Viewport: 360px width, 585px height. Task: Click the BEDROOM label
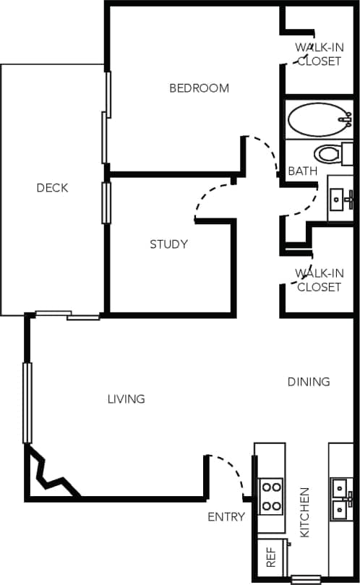pyautogui.click(x=199, y=88)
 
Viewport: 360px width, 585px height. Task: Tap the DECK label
pyautogui.click(x=52, y=188)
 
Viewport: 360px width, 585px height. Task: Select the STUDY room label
pyautogui.click(x=168, y=244)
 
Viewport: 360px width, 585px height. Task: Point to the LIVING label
pyautogui.click(x=126, y=398)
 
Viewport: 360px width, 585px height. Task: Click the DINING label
pyautogui.click(x=309, y=382)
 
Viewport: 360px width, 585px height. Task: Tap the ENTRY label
pyautogui.click(x=226, y=516)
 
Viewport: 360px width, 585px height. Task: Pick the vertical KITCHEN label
pyautogui.click(x=304, y=512)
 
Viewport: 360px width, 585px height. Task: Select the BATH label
pyautogui.click(x=302, y=171)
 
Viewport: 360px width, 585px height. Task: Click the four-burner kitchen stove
pyautogui.click(x=270, y=496)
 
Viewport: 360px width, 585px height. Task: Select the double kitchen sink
pyautogui.click(x=340, y=498)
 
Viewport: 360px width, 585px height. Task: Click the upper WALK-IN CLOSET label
pyautogui.click(x=318, y=54)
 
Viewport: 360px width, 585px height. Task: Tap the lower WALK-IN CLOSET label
pyautogui.click(x=318, y=280)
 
